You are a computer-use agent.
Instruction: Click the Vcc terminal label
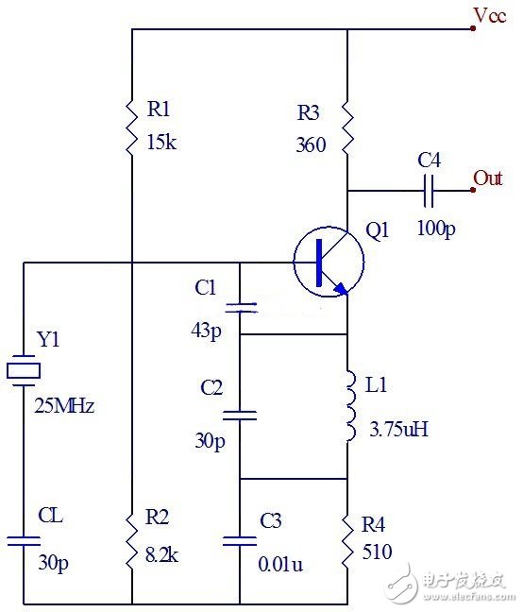495,18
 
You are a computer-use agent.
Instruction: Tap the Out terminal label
487,178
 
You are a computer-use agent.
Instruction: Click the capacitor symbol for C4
430,191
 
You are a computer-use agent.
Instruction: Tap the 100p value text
434,229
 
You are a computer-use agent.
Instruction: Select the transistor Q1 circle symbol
327,262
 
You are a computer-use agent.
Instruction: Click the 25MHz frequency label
64,407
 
